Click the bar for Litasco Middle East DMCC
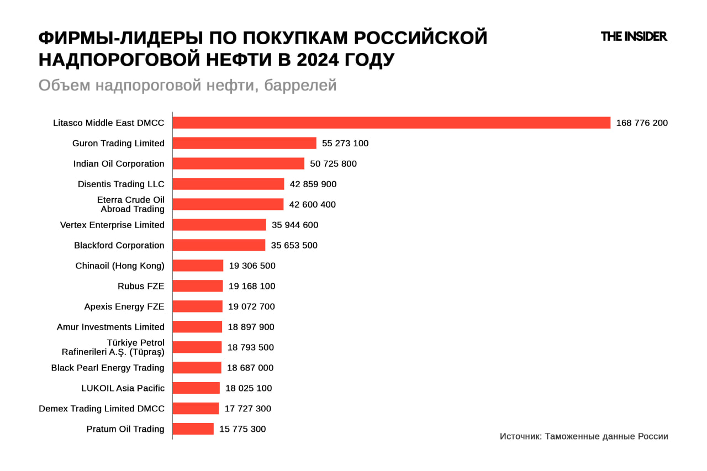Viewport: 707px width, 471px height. (391, 123)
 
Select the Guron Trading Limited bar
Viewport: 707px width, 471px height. (244, 143)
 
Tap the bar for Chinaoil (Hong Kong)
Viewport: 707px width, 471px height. (198, 266)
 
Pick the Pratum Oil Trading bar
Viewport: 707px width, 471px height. (193, 429)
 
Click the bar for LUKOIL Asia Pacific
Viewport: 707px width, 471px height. (196, 388)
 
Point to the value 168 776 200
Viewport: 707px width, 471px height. (642, 123)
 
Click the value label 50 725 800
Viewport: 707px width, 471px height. (333, 163)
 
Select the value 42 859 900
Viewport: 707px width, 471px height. (313, 184)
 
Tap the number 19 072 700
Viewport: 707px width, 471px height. (251, 306)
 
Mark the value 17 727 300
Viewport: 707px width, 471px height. (248, 409)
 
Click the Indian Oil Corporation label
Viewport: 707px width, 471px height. (119, 163)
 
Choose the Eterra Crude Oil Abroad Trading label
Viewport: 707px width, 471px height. (131, 204)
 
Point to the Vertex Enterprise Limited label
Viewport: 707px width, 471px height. (112, 225)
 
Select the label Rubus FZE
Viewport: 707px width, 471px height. (141, 286)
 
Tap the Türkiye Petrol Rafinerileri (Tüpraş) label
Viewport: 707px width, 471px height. (113, 347)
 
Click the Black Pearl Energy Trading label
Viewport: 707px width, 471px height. (108, 368)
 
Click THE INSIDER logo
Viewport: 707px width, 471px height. (634, 36)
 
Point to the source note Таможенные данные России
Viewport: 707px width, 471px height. (584, 436)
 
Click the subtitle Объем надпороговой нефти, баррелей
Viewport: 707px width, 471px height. (187, 86)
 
